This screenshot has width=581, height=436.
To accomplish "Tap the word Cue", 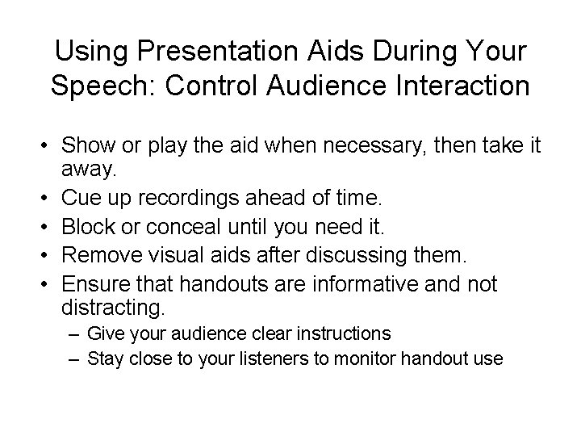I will [x=81, y=197].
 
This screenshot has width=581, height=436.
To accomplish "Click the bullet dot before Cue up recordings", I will [x=38, y=198].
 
